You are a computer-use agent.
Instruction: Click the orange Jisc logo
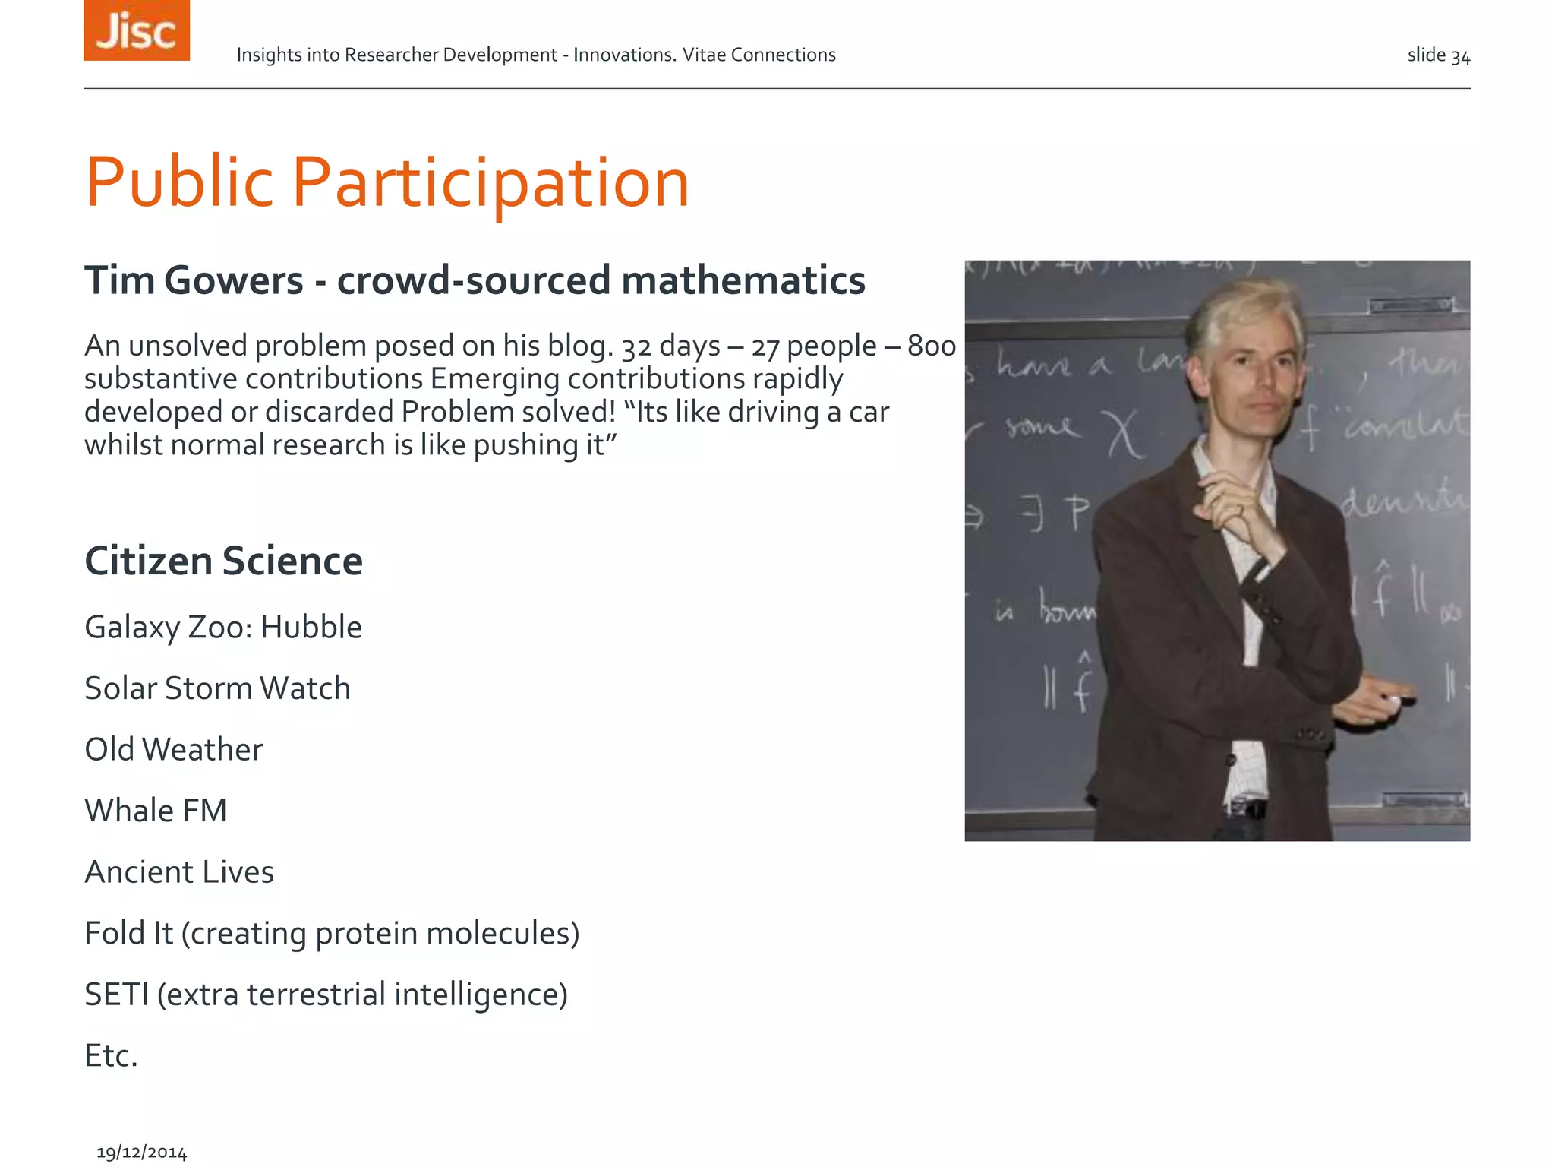(137, 30)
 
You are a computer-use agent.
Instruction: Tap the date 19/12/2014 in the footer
(141, 1153)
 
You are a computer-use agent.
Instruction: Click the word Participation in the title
(490, 182)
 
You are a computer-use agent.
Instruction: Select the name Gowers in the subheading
(233, 280)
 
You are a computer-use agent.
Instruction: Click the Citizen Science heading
(223, 561)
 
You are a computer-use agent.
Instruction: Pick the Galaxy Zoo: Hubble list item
(223, 628)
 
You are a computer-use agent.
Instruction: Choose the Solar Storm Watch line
(217, 688)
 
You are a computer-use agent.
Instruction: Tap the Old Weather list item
(173, 750)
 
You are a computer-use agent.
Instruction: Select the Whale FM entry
(156, 811)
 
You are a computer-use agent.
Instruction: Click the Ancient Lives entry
(179, 872)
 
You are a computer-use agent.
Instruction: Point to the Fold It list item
(332, 934)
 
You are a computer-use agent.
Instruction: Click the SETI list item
(326, 995)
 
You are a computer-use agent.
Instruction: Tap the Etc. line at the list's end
(111, 1056)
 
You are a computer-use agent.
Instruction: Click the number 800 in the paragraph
(932, 346)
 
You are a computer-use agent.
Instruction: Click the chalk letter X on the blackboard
(1124, 435)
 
